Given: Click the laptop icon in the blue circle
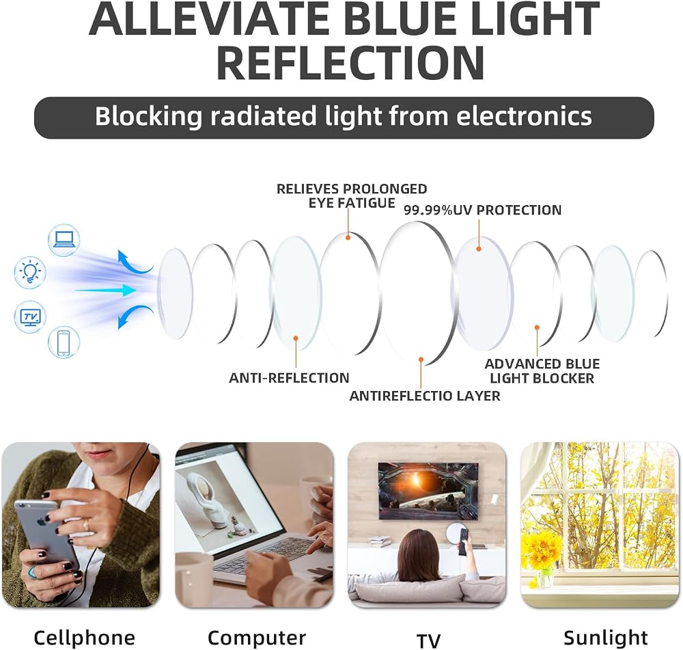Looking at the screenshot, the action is pyautogui.click(x=64, y=240).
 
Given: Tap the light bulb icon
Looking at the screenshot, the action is pyautogui.click(x=29, y=272).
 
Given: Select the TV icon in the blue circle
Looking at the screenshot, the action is pyautogui.click(x=30, y=316).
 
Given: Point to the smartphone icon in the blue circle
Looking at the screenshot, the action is pyautogui.click(x=64, y=342).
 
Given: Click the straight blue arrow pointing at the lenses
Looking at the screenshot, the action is pyautogui.click(x=106, y=290).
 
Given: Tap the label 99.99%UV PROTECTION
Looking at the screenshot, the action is pyautogui.click(x=483, y=210).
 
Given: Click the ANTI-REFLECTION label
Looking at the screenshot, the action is pyautogui.click(x=289, y=377).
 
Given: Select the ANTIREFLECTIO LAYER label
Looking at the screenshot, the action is pyautogui.click(x=425, y=396).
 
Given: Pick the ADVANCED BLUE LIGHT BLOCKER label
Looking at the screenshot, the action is pyautogui.click(x=542, y=371).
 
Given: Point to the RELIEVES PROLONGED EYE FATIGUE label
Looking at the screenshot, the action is pyautogui.click(x=352, y=195).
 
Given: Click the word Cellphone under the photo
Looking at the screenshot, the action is pyautogui.click(x=85, y=638).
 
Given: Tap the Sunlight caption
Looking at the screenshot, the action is pyautogui.click(x=606, y=638).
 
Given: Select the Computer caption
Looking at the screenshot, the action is pyautogui.click(x=257, y=638).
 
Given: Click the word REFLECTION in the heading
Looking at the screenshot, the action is pyautogui.click(x=350, y=62).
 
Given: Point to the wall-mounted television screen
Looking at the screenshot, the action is pyautogui.click(x=428, y=491).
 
